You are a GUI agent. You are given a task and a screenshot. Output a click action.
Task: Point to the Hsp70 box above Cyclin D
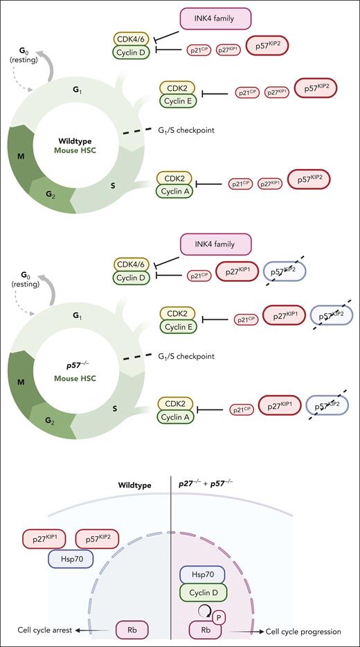click(204, 575)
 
